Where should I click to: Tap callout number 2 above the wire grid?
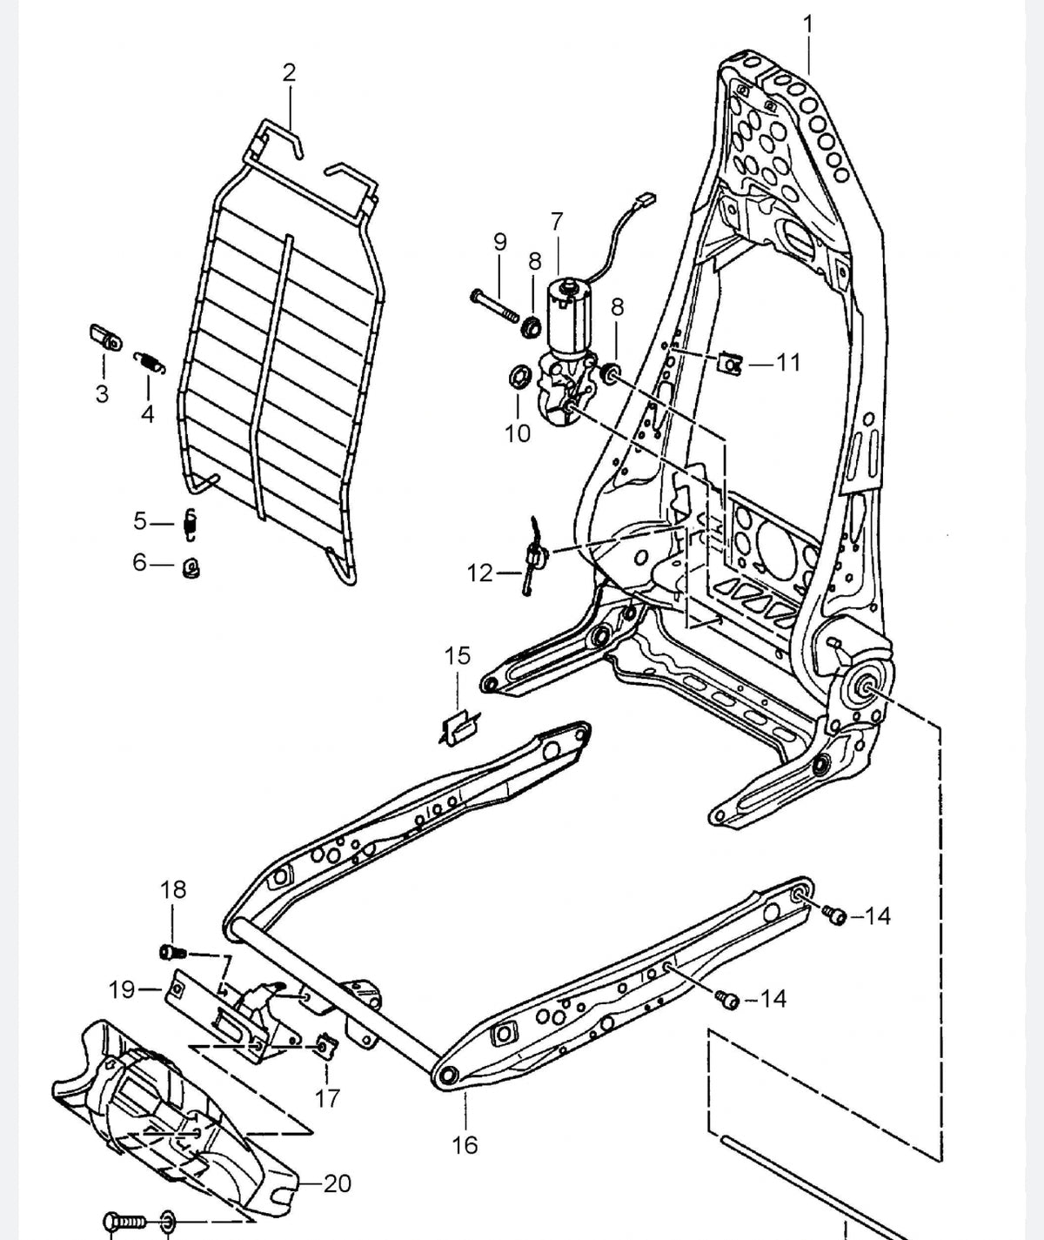coord(289,73)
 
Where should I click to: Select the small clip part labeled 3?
coord(104,338)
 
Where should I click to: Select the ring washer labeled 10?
coord(519,377)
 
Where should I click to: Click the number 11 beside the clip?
coord(788,362)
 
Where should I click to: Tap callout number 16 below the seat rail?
coord(465,1145)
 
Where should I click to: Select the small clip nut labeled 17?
coord(325,1046)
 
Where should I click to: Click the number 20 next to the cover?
coord(338,1184)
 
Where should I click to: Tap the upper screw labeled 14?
coord(836,915)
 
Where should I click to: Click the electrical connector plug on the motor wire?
coord(645,200)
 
